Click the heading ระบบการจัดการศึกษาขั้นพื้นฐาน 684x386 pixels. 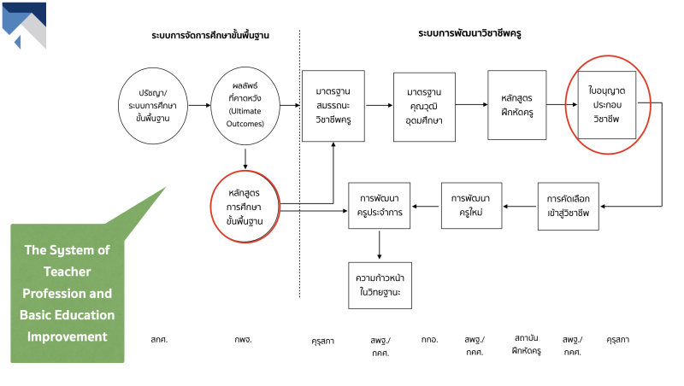[210, 35]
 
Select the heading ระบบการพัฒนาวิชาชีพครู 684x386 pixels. [470, 34]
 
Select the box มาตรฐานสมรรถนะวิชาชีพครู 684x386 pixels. [333, 106]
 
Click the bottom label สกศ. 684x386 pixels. [157, 339]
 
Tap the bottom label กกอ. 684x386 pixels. [429, 339]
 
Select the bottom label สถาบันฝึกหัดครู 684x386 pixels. [526, 343]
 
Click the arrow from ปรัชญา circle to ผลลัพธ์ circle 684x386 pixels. [198, 105]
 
